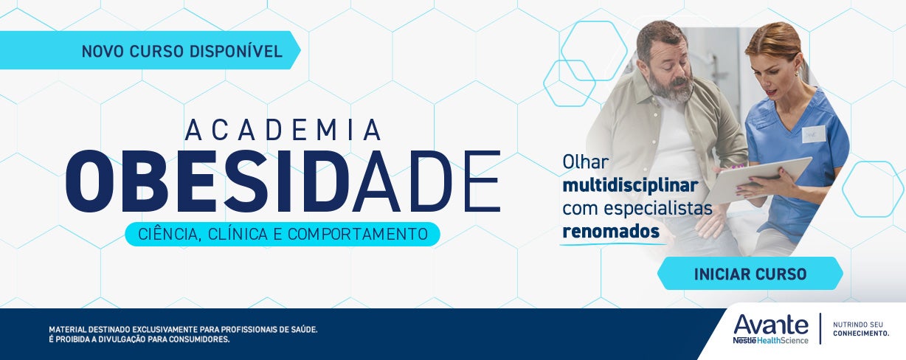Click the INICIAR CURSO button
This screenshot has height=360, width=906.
750,274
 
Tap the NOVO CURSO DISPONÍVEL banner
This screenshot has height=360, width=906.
181,51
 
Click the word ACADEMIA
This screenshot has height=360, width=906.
283,130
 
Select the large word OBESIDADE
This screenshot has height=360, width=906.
283,181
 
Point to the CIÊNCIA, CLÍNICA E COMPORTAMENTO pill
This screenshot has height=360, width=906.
283,234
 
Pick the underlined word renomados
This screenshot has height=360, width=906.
610,231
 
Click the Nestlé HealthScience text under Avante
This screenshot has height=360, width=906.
770,339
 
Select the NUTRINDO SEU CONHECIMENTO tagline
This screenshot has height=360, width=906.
860,329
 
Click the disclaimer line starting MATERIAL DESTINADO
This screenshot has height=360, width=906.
183,329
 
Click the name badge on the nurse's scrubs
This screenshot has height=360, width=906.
814,134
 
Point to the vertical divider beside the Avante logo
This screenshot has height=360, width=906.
820,329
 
